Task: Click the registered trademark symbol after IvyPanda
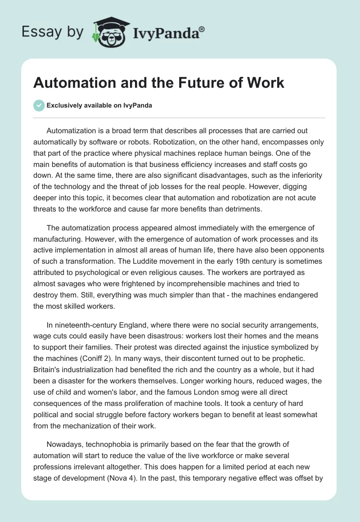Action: click(x=202, y=28)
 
